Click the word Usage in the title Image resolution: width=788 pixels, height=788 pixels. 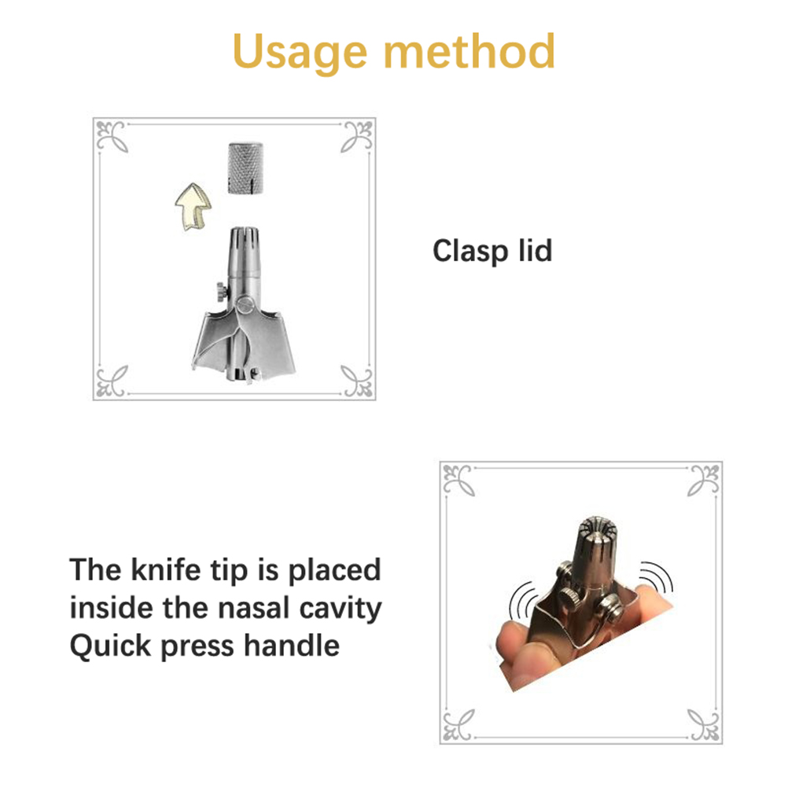300,52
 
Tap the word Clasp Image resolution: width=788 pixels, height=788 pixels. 470,252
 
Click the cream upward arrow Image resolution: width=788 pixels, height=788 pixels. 193,206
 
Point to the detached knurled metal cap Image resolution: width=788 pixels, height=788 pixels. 245,168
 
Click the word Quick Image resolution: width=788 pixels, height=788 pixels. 111,646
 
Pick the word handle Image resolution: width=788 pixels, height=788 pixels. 292,646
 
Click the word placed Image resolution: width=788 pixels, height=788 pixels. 334,570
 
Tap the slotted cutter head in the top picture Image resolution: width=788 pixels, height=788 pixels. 245,252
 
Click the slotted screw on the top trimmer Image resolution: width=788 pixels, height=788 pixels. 245,304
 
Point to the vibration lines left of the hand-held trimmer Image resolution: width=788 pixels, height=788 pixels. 521,601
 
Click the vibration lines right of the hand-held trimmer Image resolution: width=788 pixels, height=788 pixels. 659,578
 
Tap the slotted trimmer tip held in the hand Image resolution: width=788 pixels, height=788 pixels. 598,542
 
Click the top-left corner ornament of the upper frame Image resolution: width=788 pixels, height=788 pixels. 112,136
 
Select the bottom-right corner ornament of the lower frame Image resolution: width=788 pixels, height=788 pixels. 704,724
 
